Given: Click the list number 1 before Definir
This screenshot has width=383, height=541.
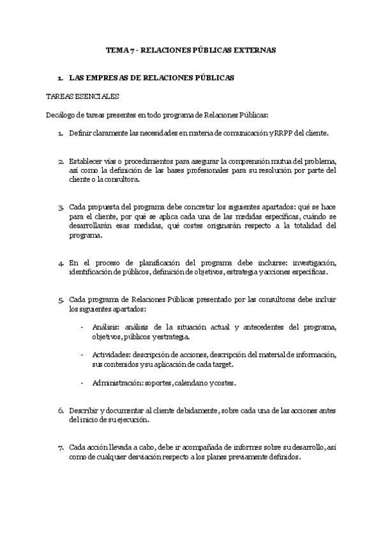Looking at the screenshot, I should pos(60,133).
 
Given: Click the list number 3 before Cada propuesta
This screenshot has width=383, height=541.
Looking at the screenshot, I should pos(60,209).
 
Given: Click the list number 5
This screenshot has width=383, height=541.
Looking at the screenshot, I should pos(60,300).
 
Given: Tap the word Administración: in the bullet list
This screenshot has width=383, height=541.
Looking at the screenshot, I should pos(118,383).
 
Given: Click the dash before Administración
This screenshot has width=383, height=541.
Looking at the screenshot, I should pos(82,383).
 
